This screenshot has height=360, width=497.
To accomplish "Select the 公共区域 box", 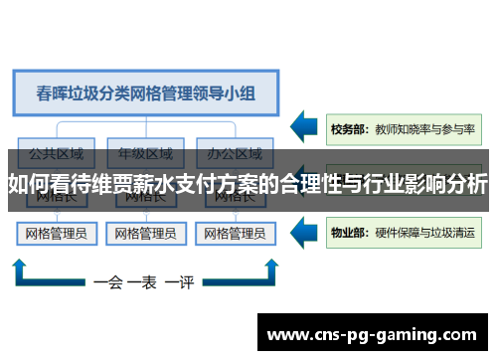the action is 56,154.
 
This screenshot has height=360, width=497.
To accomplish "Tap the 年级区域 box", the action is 146,154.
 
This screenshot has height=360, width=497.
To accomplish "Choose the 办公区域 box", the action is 236,154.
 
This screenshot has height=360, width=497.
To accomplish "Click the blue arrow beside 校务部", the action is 306,128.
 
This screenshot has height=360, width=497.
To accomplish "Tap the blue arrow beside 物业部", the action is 306,234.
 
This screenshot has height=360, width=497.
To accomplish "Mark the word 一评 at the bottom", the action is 180,282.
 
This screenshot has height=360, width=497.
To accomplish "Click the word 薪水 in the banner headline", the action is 168,185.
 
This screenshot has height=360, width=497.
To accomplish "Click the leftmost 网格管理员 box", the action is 55,235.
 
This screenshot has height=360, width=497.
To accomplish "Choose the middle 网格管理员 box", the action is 146,235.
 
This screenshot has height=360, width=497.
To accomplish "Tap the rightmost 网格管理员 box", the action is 236,235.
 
